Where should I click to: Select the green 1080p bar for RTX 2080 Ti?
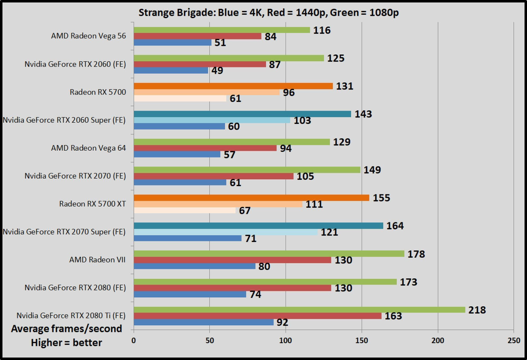(299, 309)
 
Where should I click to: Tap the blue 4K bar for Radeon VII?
(194, 266)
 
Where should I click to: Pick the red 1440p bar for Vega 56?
(198, 36)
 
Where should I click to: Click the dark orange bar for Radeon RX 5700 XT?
(251, 198)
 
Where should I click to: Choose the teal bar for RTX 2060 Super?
(242, 114)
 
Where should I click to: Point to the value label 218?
(477, 310)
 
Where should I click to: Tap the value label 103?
(302, 121)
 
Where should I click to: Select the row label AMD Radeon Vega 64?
(89, 148)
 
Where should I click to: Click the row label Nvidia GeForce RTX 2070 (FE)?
(75, 176)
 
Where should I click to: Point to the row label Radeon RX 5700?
(97, 92)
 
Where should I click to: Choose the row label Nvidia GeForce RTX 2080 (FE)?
(75, 288)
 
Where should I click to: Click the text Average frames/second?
(67, 329)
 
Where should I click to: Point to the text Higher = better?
(67, 343)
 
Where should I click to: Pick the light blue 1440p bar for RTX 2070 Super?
(226, 232)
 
